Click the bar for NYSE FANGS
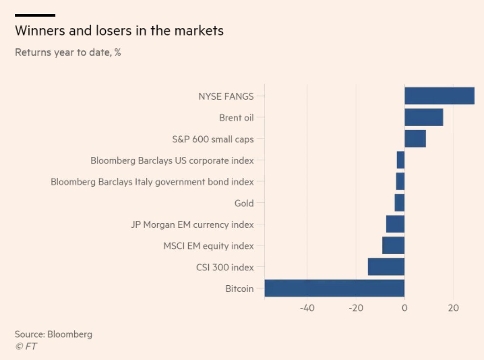(x=439, y=96)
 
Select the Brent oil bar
(x=424, y=117)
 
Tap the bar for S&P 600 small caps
(x=415, y=138)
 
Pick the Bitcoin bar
(x=335, y=288)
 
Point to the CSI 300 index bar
(x=386, y=267)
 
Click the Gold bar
(x=400, y=203)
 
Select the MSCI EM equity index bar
(x=394, y=246)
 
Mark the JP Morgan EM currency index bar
(x=395, y=224)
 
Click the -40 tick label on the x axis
(x=307, y=308)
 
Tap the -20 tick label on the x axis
(x=356, y=308)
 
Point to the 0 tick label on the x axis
(x=404, y=308)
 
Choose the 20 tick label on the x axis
(x=453, y=308)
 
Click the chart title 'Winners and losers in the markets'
(x=119, y=31)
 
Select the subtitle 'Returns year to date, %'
(x=68, y=53)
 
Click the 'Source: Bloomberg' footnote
(x=53, y=335)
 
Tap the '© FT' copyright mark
(x=26, y=346)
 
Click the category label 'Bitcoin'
(x=239, y=289)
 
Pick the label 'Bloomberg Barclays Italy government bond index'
(x=152, y=182)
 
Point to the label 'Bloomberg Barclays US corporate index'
(x=172, y=160)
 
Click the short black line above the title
(x=35, y=15)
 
